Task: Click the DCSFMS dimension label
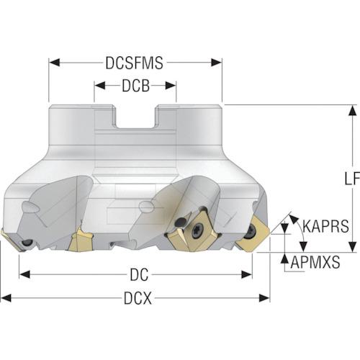(x=135, y=63)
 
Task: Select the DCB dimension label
(x=135, y=86)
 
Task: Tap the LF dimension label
(x=352, y=179)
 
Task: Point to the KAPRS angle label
(x=325, y=226)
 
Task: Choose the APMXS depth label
(x=315, y=262)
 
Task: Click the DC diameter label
(x=139, y=275)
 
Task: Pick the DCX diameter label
(x=138, y=298)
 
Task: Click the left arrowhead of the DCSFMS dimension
(x=54, y=63)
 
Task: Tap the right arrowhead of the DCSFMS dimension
(x=216, y=63)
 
